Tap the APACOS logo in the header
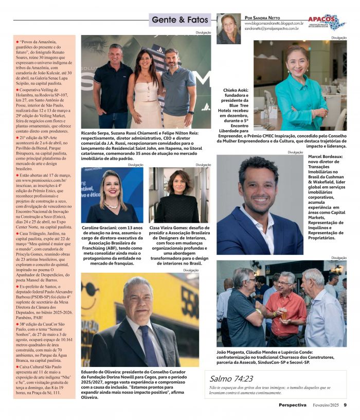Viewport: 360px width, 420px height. (x=327, y=22)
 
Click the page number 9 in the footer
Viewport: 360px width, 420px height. (x=345, y=405)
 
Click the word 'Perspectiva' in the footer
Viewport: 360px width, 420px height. (x=293, y=405)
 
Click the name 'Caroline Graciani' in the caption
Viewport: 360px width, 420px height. (x=100, y=227)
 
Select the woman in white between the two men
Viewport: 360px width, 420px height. (x=145, y=87)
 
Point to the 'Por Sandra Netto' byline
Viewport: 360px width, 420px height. (x=262, y=17)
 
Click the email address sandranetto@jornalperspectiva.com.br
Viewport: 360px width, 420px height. (x=272, y=29)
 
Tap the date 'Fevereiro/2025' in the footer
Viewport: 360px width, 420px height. (x=325, y=405)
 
